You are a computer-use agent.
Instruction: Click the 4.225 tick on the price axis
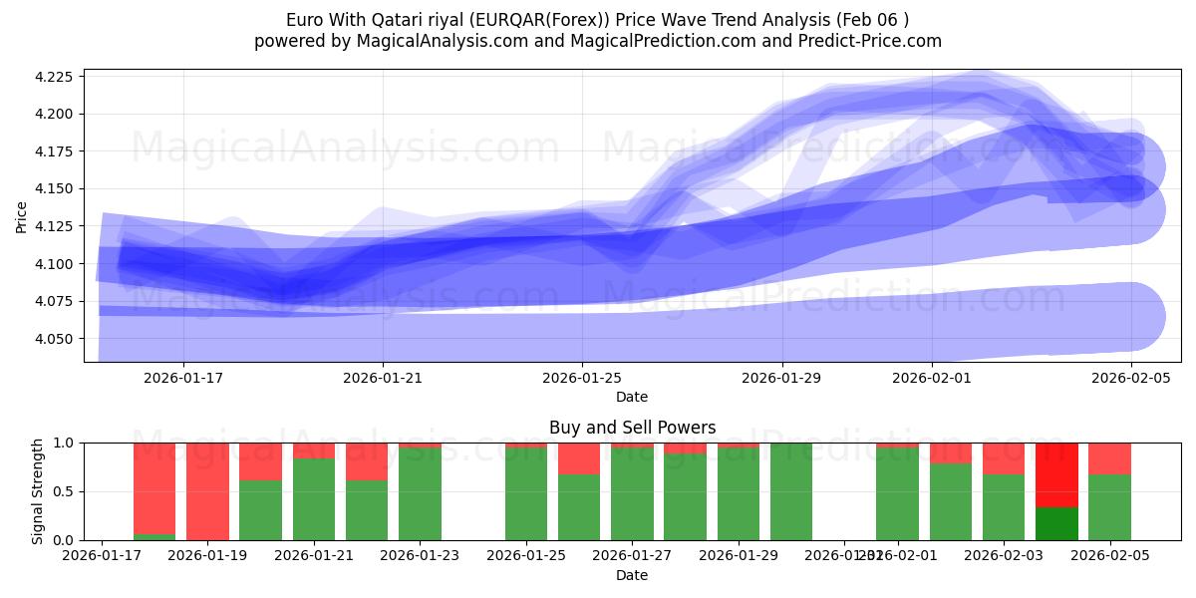(x=56, y=77)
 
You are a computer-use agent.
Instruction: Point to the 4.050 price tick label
(x=56, y=339)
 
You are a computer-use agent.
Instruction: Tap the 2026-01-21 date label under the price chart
(x=383, y=378)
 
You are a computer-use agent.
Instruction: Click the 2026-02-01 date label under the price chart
(x=931, y=378)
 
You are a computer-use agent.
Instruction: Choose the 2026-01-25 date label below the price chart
(x=582, y=378)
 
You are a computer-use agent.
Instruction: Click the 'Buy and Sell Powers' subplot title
(x=632, y=428)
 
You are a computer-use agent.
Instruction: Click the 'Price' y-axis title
(x=23, y=216)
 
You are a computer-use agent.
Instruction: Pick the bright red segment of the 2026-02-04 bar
(x=1056, y=474)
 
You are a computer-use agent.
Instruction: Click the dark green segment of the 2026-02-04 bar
(x=1056, y=523)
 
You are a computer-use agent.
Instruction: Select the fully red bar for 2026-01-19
(x=207, y=491)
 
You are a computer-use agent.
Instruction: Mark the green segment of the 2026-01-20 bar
(x=260, y=510)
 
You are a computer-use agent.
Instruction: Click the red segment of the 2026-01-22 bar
(x=367, y=461)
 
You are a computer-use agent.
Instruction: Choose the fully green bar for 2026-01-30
(x=791, y=491)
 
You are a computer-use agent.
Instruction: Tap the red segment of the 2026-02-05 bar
(x=1109, y=458)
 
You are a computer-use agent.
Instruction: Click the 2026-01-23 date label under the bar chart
(x=420, y=555)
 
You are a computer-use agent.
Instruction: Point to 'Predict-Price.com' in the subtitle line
(x=865, y=41)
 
